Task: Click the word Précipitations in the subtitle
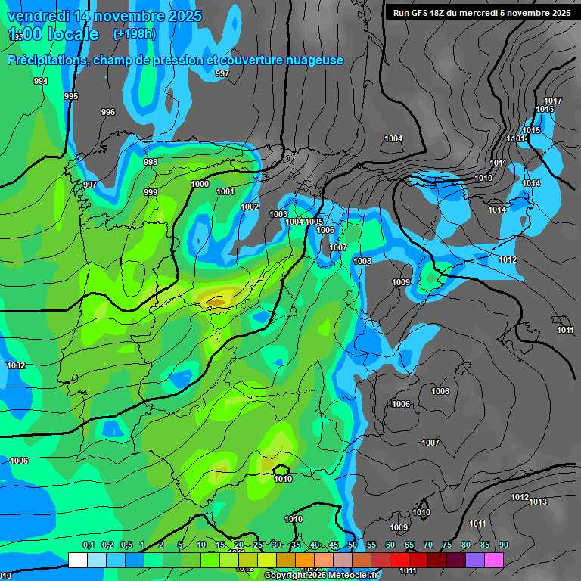[x=46, y=61]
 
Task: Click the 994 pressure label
[x=41, y=81]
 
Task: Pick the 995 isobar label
[x=71, y=96]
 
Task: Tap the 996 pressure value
[x=108, y=112]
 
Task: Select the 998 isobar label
[x=151, y=162]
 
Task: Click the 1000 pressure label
[x=200, y=184]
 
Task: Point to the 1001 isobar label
[x=225, y=191]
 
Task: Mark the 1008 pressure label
[x=362, y=261]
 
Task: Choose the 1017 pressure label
[x=553, y=101]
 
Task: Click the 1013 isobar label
[x=538, y=502]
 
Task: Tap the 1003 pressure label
[x=278, y=214]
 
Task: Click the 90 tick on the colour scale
[x=503, y=545]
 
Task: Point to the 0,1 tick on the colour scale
[x=88, y=545]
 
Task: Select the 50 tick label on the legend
[x=353, y=545]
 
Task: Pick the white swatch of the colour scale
[x=77, y=560]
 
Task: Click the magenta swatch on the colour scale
[x=493, y=560]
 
